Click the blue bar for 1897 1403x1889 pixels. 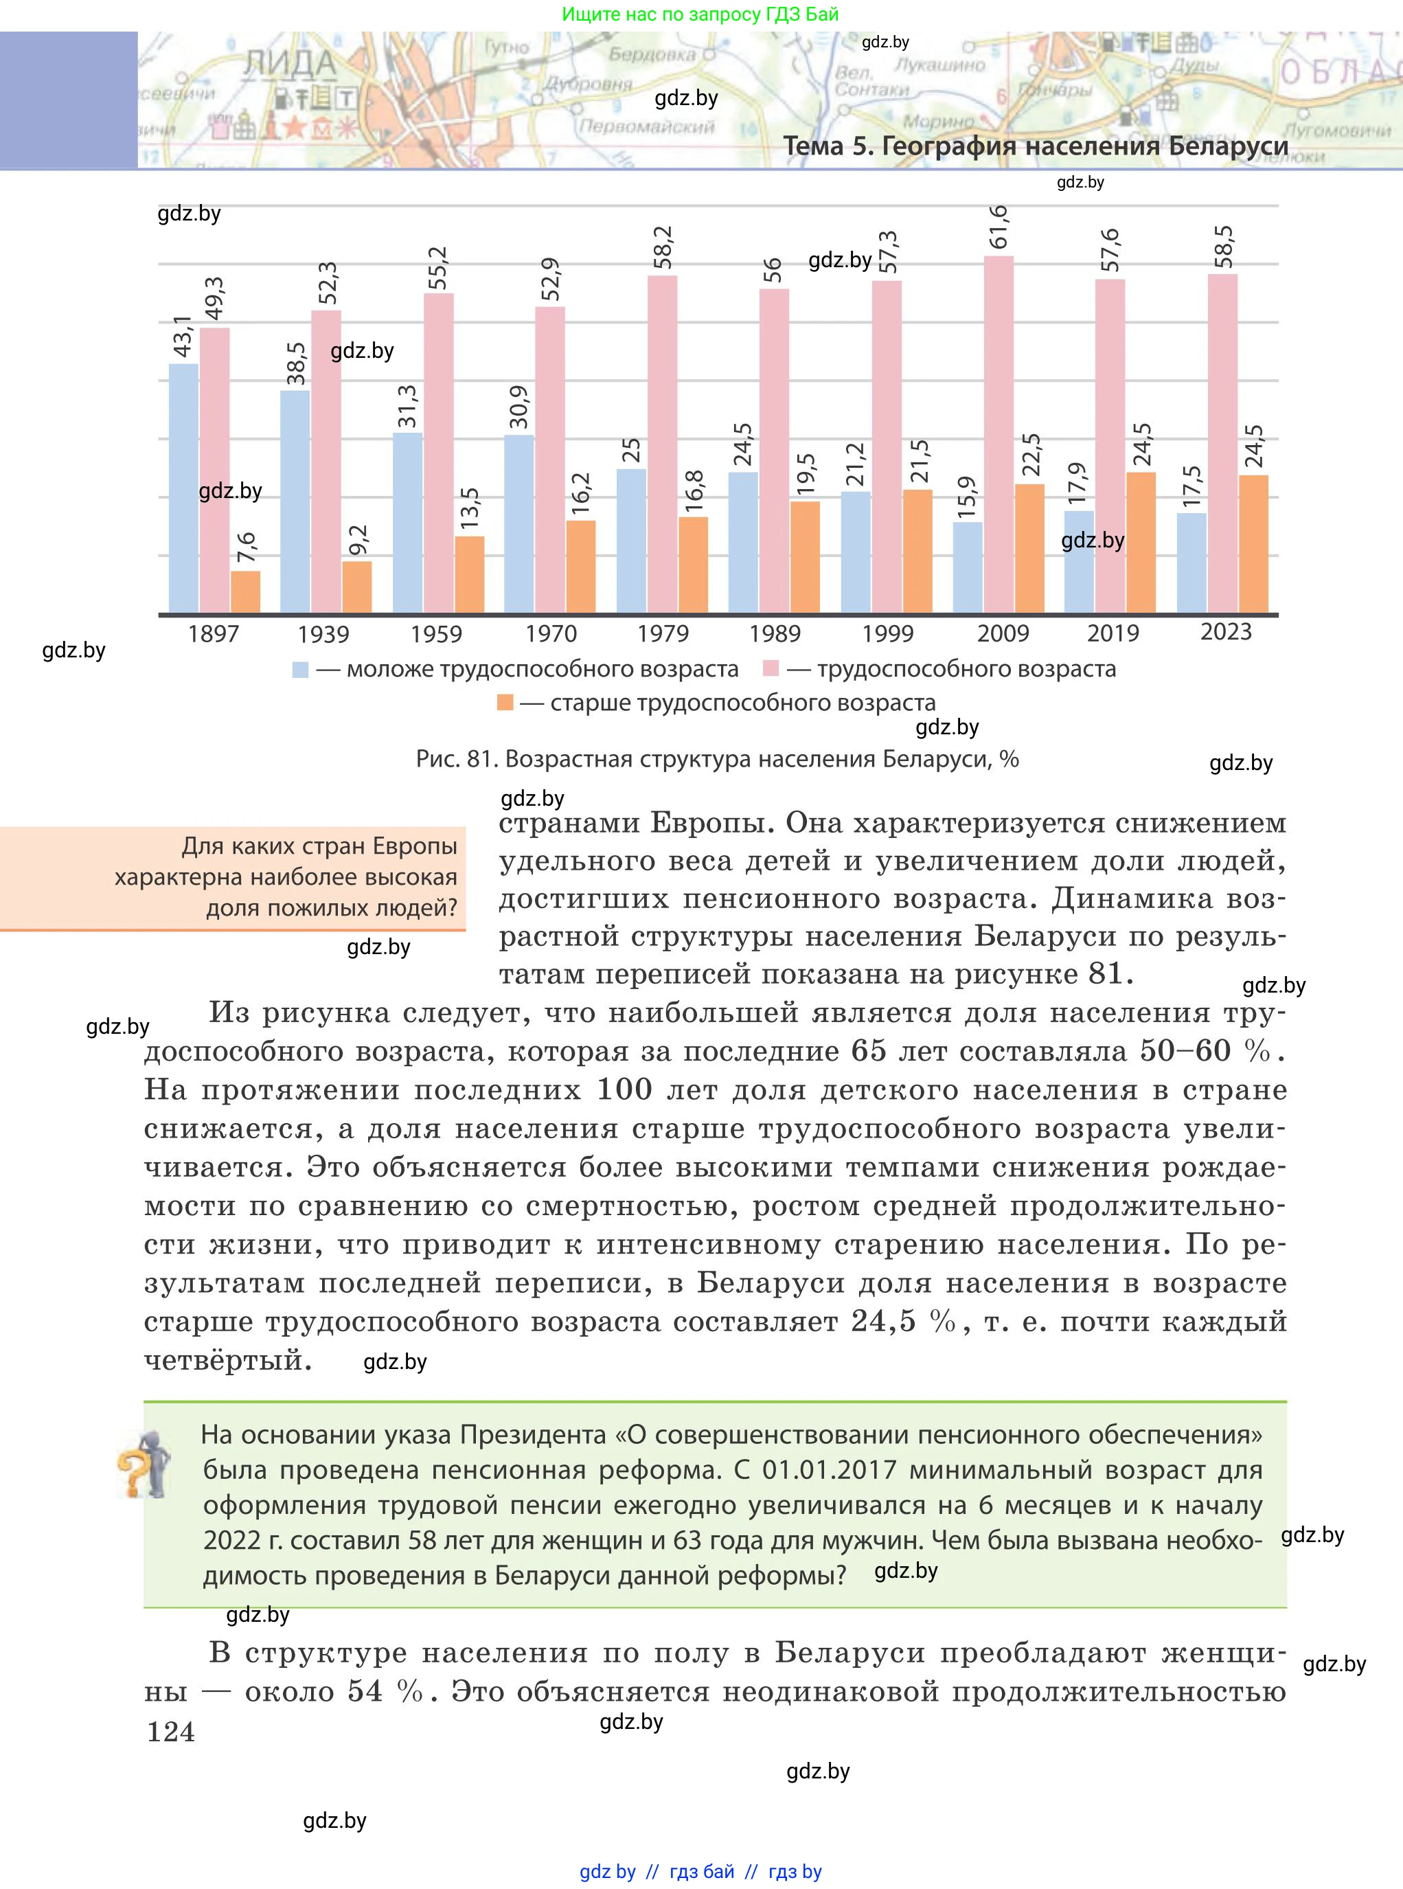tap(183, 488)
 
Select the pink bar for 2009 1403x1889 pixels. tap(999, 434)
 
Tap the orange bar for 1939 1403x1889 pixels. tap(356, 586)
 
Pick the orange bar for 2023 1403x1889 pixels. tap(1253, 543)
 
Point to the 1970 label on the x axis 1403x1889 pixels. tap(550, 633)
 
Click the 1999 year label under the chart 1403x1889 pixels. tap(887, 633)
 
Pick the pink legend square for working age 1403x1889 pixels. tap(771, 669)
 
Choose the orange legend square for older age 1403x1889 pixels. tap(505, 703)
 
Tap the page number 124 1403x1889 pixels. tap(171, 1731)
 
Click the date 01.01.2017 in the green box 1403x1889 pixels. tap(829, 1469)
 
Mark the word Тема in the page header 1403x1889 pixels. tap(814, 146)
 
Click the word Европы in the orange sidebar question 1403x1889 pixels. tap(415, 846)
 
